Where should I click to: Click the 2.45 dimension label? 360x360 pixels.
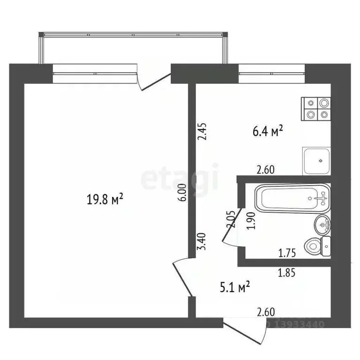[x=202, y=132]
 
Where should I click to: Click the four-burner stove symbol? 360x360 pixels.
[x=316, y=109]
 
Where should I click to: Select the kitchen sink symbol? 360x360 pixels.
[x=317, y=160]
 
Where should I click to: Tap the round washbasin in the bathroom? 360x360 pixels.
[x=322, y=226]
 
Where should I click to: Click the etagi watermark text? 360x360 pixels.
[x=180, y=179]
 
